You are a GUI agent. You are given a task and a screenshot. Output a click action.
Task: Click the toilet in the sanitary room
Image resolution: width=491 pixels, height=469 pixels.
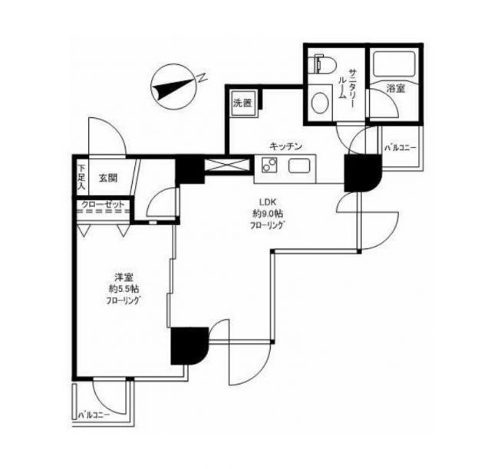point(322,65)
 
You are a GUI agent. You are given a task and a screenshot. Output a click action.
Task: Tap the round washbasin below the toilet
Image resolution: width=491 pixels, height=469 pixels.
point(320,103)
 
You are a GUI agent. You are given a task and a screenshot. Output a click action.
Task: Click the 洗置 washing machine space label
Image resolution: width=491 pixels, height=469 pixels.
point(242,103)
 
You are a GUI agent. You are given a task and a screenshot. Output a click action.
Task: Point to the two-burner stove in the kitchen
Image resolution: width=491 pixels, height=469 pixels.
point(269,165)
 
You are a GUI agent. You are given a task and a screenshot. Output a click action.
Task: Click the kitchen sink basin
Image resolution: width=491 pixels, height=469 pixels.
point(299,166)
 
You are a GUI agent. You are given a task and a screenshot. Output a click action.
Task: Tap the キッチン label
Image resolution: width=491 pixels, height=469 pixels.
point(286,146)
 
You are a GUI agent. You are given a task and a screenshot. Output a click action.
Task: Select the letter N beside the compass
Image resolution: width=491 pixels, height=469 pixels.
point(203,77)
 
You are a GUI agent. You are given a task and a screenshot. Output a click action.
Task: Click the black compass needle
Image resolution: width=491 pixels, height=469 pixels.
point(173,89)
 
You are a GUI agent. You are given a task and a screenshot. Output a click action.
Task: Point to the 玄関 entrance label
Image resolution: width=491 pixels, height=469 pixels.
point(108,178)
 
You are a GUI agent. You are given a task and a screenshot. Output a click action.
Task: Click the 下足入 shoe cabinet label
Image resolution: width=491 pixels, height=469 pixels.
point(82,177)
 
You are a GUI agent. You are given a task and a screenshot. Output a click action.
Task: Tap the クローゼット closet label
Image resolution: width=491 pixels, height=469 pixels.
point(103,205)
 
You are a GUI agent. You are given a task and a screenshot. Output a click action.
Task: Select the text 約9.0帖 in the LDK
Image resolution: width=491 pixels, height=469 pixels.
point(268,214)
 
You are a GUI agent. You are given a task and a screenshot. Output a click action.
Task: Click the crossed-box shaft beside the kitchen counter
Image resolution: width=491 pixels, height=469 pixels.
point(227,166)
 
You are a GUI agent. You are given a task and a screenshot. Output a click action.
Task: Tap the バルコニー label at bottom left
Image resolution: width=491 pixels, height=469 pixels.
point(94,415)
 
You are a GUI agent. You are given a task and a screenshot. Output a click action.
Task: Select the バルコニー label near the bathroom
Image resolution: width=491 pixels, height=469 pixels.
point(400,148)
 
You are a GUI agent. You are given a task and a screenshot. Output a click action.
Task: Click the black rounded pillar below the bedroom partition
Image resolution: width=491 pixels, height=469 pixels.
point(189,346)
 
